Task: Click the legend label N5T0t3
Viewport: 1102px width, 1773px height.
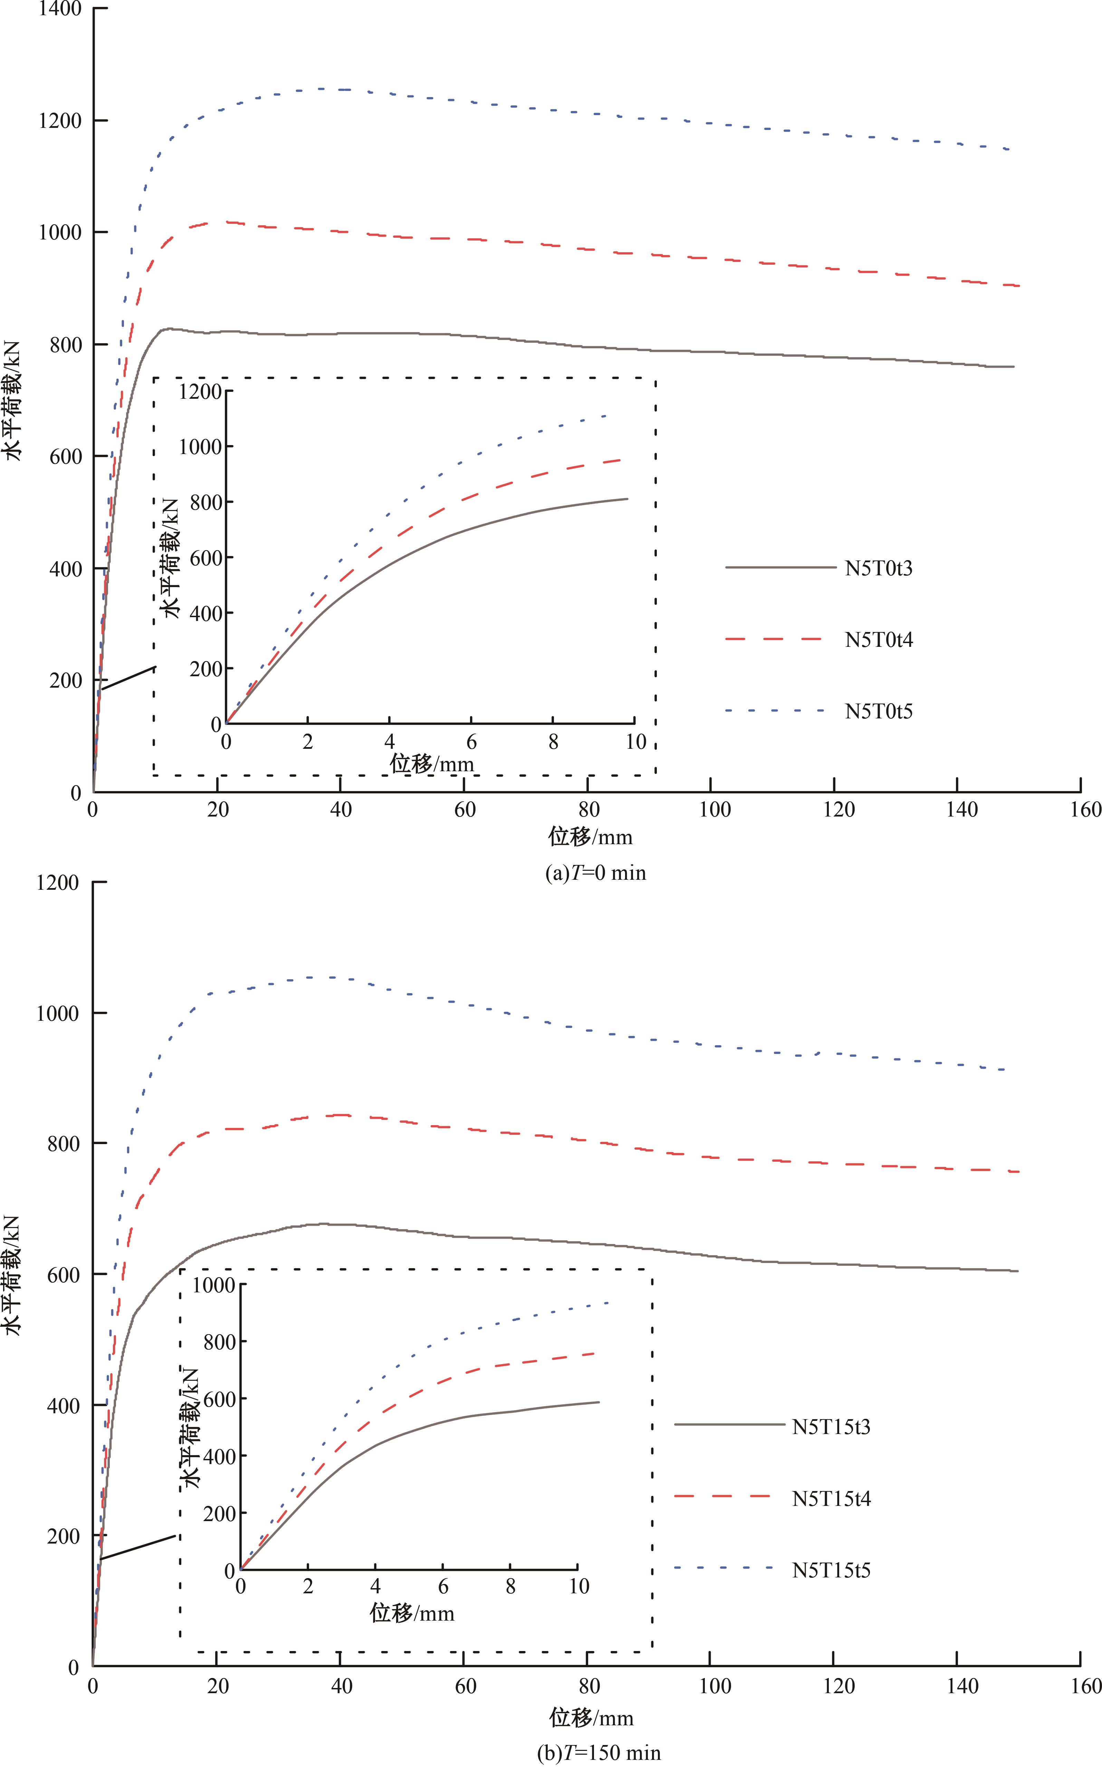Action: (878, 569)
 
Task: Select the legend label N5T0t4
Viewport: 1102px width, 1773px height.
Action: (878, 640)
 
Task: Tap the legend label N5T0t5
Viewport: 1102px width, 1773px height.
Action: (878, 711)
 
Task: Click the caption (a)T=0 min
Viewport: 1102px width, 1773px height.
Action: (595, 873)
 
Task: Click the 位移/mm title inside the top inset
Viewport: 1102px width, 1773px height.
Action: (432, 764)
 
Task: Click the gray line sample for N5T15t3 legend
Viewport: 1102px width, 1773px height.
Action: (729, 1424)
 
